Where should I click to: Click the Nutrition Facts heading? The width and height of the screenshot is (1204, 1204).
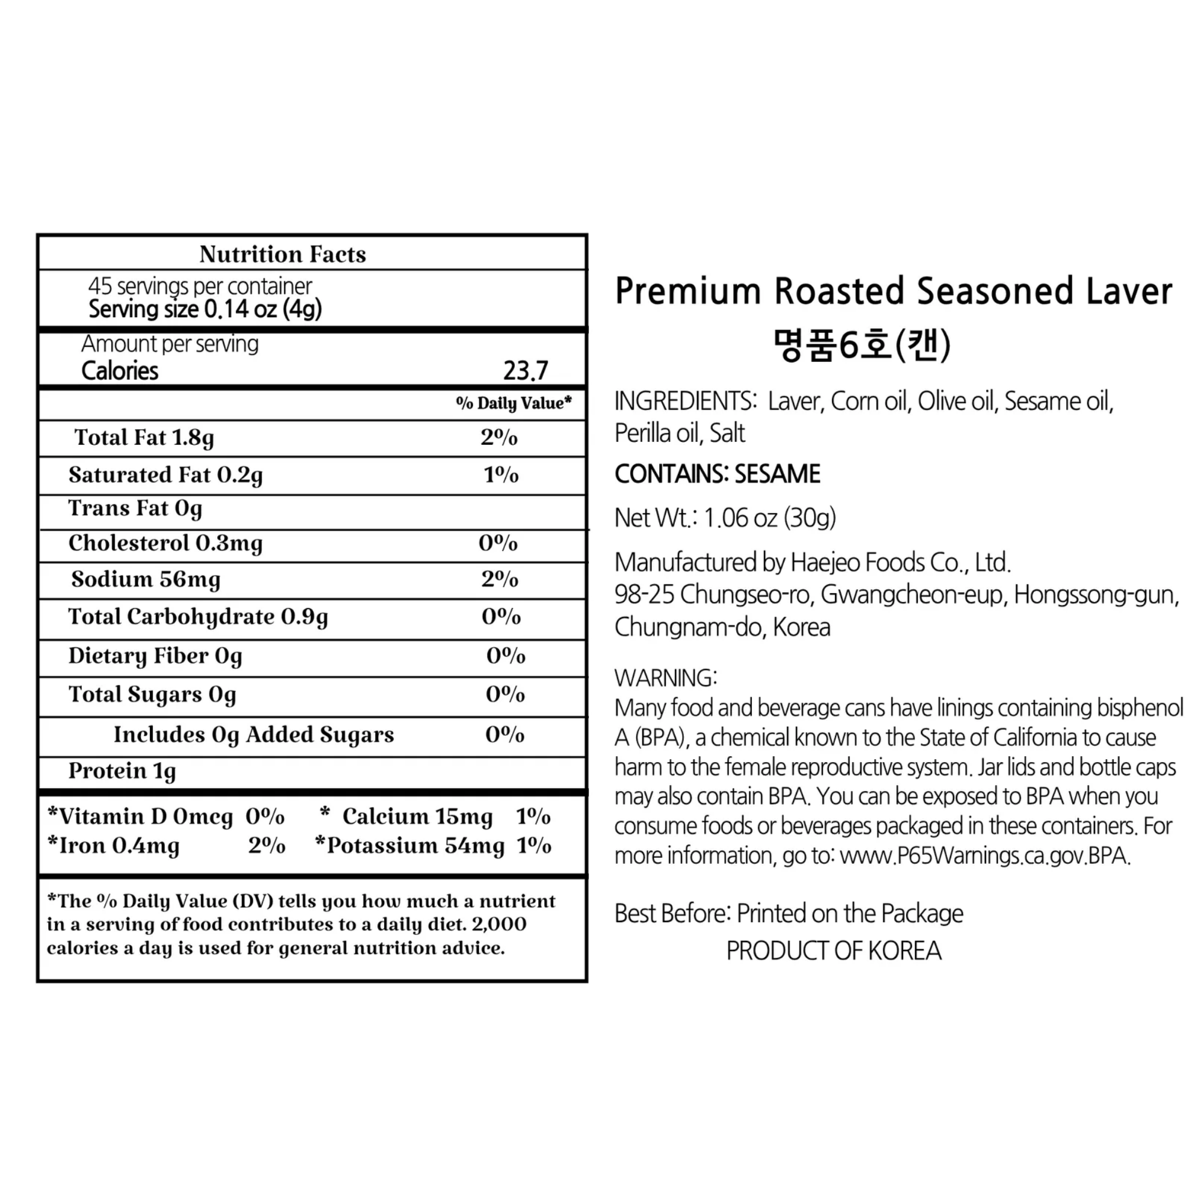click(x=282, y=254)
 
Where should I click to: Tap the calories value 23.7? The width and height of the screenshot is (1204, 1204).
click(x=526, y=371)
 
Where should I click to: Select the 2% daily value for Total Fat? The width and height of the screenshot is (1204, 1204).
click(x=498, y=438)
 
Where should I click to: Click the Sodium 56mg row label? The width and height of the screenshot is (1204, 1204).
click(x=146, y=580)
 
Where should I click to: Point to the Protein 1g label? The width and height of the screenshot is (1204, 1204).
click(x=122, y=772)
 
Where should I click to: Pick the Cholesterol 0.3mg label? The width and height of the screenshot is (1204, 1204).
click(x=165, y=544)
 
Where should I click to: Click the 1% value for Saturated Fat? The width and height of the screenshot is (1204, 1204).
click(x=501, y=475)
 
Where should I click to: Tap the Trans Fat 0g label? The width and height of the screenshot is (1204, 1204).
click(x=135, y=509)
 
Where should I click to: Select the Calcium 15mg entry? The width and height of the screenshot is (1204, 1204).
click(x=417, y=816)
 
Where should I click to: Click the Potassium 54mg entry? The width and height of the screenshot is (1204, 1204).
click(x=415, y=846)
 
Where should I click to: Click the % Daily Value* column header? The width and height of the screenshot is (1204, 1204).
click(x=514, y=403)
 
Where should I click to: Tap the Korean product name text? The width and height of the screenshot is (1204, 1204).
click(x=862, y=344)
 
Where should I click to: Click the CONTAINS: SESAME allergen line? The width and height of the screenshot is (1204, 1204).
click(x=718, y=474)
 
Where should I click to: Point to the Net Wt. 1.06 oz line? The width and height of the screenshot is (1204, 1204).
click(x=725, y=518)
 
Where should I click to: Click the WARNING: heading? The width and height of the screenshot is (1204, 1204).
click(x=666, y=677)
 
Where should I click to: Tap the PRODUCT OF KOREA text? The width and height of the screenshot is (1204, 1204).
click(x=834, y=951)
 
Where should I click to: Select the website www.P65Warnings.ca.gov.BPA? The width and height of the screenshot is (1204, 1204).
click(x=985, y=855)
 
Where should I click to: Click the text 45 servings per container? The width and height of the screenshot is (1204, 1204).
click(x=200, y=286)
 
